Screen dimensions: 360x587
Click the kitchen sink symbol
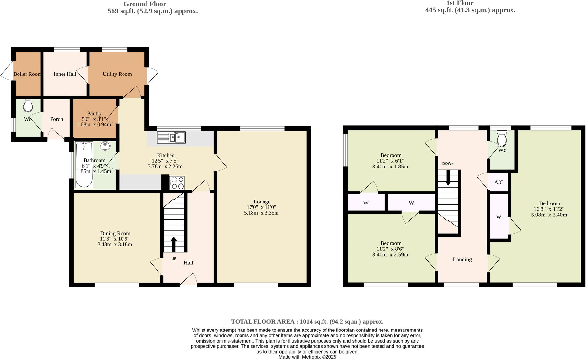(171, 137)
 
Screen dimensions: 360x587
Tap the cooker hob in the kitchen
(177, 183)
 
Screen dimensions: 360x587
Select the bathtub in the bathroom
(84, 165)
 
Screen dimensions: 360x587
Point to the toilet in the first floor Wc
(502, 139)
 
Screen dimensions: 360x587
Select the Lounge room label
(262, 202)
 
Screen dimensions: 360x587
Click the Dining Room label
(115, 233)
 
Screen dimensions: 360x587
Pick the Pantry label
(94, 113)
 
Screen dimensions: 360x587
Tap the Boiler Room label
(27, 74)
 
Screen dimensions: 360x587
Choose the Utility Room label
(117, 74)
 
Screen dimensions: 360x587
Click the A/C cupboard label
(499, 182)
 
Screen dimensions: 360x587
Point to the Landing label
(462, 259)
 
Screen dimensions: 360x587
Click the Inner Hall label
(65, 74)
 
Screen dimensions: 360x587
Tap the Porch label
(56, 119)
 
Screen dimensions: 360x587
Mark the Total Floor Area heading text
(307, 322)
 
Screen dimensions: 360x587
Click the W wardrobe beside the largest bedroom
(499, 217)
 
